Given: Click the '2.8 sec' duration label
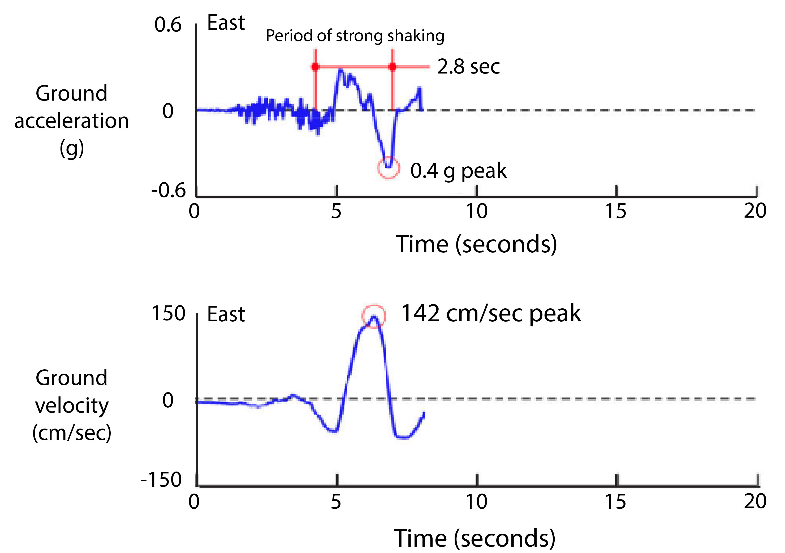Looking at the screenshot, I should pos(468,66).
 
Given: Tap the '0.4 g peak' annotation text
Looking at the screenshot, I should pos(458,171).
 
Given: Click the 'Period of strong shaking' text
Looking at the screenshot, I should pos(355,36).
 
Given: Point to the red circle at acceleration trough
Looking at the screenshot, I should pos(389,167).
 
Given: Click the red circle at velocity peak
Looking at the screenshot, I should pos(374,316).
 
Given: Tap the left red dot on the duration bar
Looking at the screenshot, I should pos(315,67).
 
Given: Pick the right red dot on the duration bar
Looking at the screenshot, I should pos(392,67).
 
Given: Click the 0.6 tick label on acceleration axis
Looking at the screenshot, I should pos(167,25).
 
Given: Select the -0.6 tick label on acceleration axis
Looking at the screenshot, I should pos(168,190).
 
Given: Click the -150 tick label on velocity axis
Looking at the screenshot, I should pos(161,479).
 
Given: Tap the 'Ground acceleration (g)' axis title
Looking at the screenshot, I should pos(71,121).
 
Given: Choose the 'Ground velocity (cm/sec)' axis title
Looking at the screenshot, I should pos(71,405).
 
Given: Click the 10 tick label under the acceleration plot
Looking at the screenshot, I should pos(476,211).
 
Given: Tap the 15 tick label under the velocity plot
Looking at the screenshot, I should pos(615,502).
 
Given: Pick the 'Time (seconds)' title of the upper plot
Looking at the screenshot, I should pos(476,244).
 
